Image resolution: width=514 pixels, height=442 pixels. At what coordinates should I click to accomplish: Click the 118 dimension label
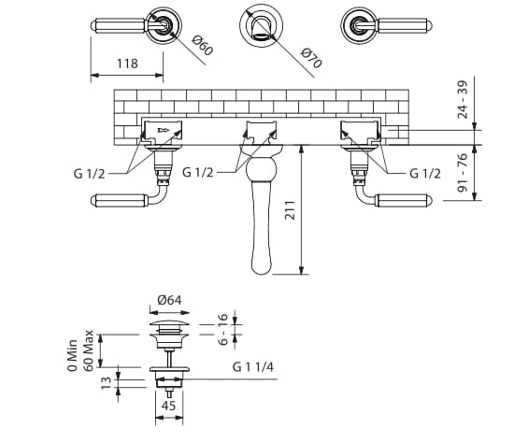click(x=127, y=64)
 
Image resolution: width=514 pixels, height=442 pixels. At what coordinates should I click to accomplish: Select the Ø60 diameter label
click(x=203, y=45)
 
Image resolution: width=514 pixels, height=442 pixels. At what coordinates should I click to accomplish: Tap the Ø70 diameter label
click(x=311, y=58)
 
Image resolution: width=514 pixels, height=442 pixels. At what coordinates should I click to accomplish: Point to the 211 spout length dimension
click(x=290, y=210)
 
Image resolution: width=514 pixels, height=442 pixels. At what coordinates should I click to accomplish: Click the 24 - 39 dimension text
click(x=464, y=100)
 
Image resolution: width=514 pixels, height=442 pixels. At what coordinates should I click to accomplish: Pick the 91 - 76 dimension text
click(x=463, y=173)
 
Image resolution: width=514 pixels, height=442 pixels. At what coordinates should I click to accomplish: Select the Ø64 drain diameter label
click(x=169, y=300)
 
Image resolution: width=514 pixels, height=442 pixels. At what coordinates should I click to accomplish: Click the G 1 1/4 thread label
click(x=252, y=366)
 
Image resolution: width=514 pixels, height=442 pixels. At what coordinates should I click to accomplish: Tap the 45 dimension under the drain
click(x=169, y=406)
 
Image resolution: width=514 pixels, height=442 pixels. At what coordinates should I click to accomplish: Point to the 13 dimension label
click(x=106, y=382)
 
